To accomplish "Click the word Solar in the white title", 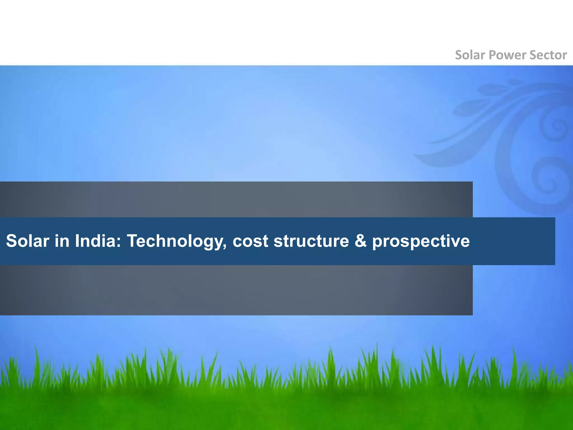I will tap(27, 241).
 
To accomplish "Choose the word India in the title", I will tap(96, 241).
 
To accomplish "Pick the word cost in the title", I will tap(250, 241).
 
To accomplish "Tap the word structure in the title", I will tap(311, 241).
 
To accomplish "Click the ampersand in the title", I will tap(361, 241).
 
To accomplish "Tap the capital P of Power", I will tap(493, 55).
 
